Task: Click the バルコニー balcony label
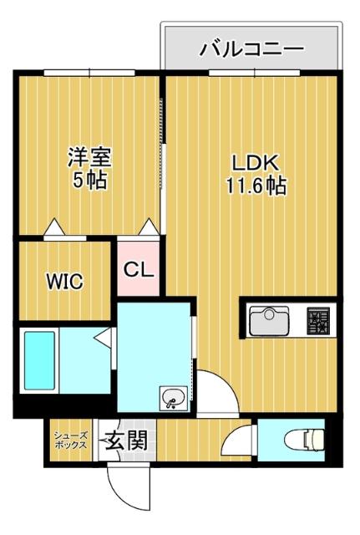(x=251, y=49)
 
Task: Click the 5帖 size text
(x=89, y=180)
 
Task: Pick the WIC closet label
(x=64, y=281)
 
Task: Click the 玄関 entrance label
(x=126, y=440)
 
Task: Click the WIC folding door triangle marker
(x=55, y=227)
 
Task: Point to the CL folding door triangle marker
(x=149, y=227)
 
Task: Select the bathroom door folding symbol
(x=101, y=337)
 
